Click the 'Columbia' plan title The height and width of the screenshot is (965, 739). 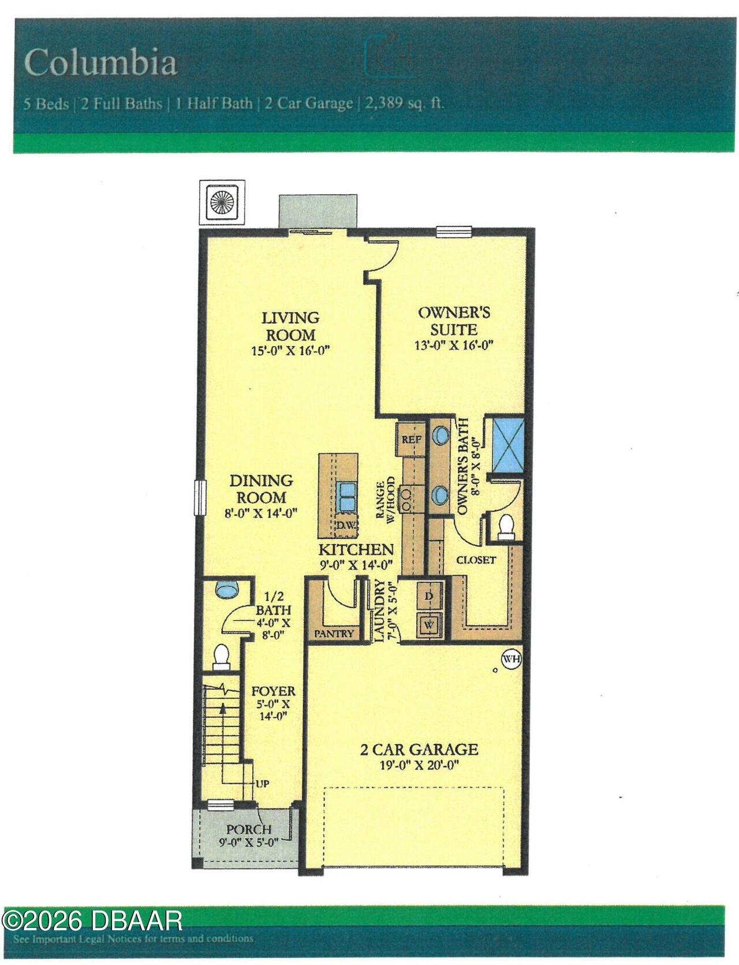(x=100, y=62)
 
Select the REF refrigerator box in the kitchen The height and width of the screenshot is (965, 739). (x=412, y=439)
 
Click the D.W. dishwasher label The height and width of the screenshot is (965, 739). (x=347, y=526)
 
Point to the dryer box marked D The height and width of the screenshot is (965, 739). (x=429, y=596)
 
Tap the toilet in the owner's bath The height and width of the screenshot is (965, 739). (x=506, y=526)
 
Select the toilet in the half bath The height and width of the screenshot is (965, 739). (x=221, y=657)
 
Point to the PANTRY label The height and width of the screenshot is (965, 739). (x=334, y=634)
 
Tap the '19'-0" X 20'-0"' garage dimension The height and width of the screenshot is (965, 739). (x=419, y=766)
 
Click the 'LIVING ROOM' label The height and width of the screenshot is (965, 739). (x=290, y=326)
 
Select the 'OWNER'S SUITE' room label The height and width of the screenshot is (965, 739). (x=454, y=321)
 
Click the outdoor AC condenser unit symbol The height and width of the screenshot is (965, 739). (x=221, y=203)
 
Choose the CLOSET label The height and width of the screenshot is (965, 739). (x=476, y=560)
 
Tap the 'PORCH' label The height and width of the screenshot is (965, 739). (x=248, y=829)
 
